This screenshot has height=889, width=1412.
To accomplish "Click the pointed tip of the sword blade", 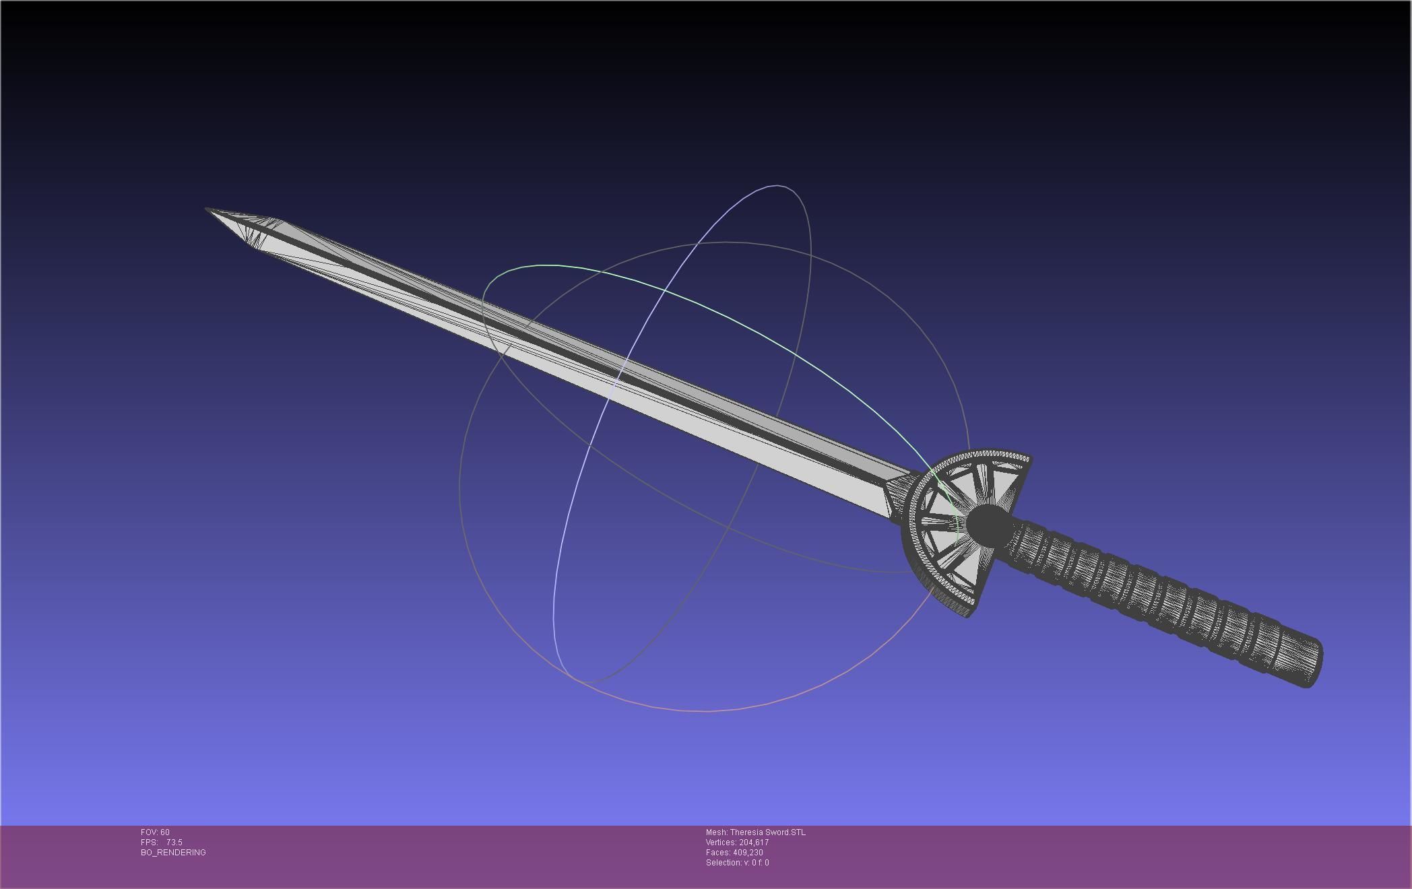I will (207, 210).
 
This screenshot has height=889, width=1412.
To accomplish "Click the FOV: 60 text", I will (155, 832).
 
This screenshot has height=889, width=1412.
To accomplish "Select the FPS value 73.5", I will (174, 843).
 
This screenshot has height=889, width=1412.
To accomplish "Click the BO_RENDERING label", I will (173, 853).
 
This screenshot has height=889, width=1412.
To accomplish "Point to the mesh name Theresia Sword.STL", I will (767, 832).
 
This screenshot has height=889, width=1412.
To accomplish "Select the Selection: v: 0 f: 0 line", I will (737, 863).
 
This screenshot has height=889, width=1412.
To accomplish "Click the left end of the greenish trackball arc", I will (483, 296).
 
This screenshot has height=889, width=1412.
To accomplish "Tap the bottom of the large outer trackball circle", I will (707, 711).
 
